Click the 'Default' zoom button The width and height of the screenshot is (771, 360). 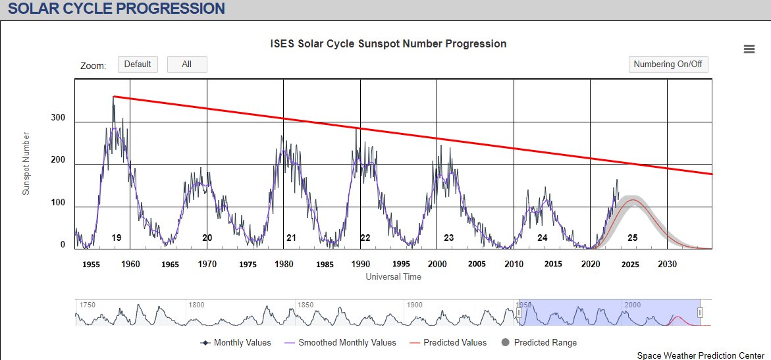[138, 64]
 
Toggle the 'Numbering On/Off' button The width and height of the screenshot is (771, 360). [668, 64]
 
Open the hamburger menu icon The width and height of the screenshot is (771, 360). [749, 49]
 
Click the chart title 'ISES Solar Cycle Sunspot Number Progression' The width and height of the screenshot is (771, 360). [388, 44]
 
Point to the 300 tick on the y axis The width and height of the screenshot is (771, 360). [59, 118]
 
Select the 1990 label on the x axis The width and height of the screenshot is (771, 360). [360, 264]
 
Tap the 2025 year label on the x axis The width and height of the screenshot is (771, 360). [630, 264]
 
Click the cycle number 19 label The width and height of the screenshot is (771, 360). [117, 238]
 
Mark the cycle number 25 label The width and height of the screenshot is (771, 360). [632, 238]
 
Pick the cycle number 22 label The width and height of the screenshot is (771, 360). [365, 238]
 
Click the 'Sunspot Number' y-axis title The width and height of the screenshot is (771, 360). [27, 163]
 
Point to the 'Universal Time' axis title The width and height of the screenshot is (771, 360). [393, 277]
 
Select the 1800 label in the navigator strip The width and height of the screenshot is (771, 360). [196, 305]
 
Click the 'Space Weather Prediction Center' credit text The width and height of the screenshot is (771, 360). [701, 355]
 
